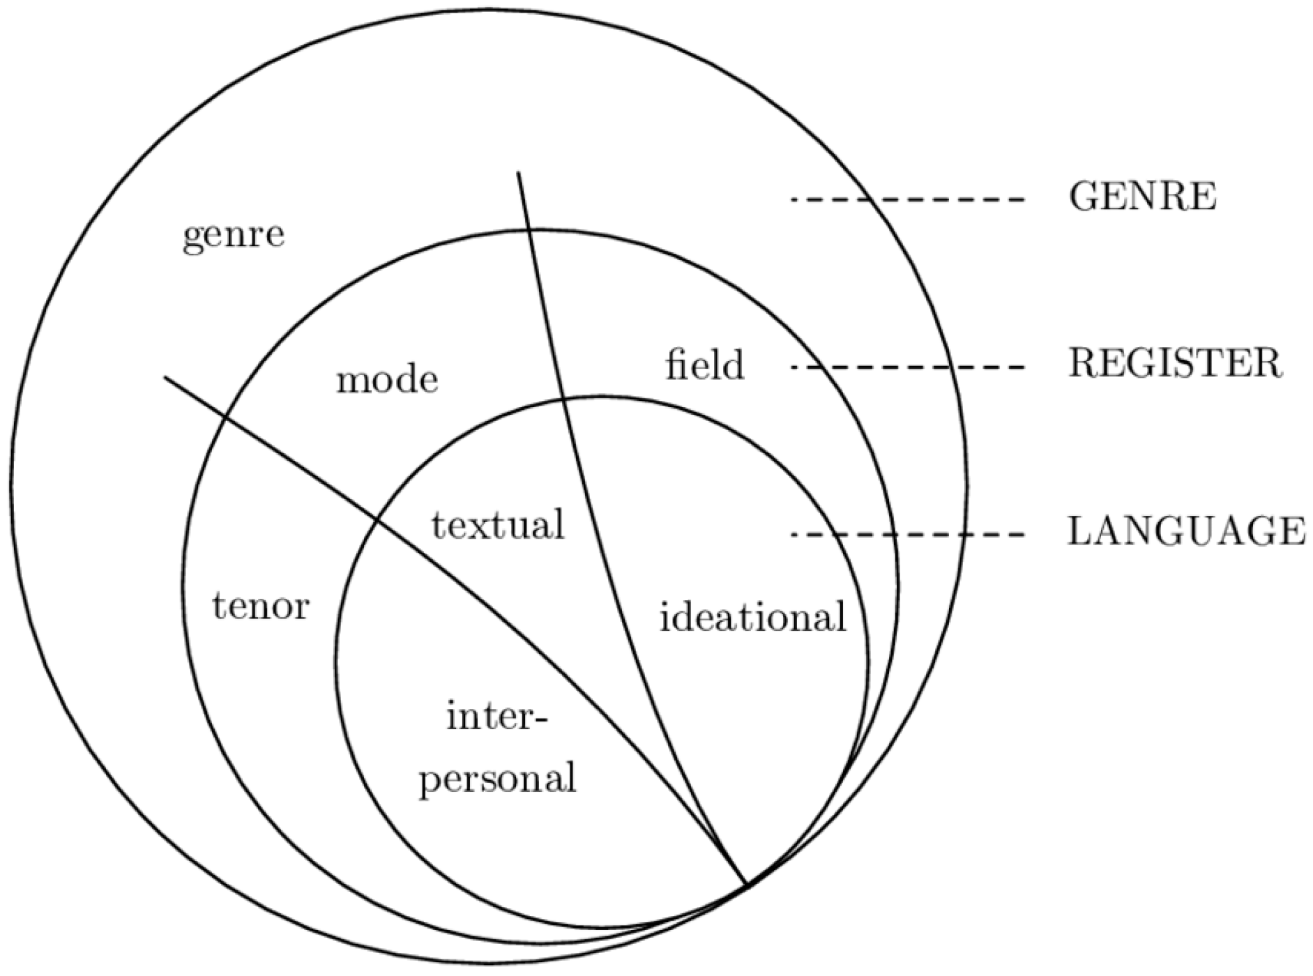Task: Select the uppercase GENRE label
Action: pyautogui.click(x=1142, y=197)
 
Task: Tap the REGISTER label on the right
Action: pyautogui.click(x=1175, y=364)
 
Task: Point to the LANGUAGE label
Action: pyautogui.click(x=1186, y=532)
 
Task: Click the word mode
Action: pyautogui.click(x=387, y=381)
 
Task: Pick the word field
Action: pyautogui.click(x=704, y=365)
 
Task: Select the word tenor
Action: pyautogui.click(x=260, y=607)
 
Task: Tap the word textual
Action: pyautogui.click(x=498, y=524)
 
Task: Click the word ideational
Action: pyautogui.click(x=752, y=617)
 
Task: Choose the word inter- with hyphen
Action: pyautogui.click(x=497, y=717)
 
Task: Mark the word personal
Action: pyautogui.click(x=498, y=778)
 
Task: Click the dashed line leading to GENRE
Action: pyautogui.click(x=906, y=200)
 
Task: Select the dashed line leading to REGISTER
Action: pyautogui.click(x=906, y=367)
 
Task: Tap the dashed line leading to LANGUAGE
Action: pyautogui.click(x=906, y=535)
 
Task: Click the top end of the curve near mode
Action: pyautogui.click(x=518, y=172)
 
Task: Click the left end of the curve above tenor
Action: pyautogui.click(x=165, y=377)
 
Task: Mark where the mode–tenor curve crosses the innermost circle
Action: pyautogui.click(x=378, y=519)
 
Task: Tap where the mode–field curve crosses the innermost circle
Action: pyautogui.click(x=563, y=399)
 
